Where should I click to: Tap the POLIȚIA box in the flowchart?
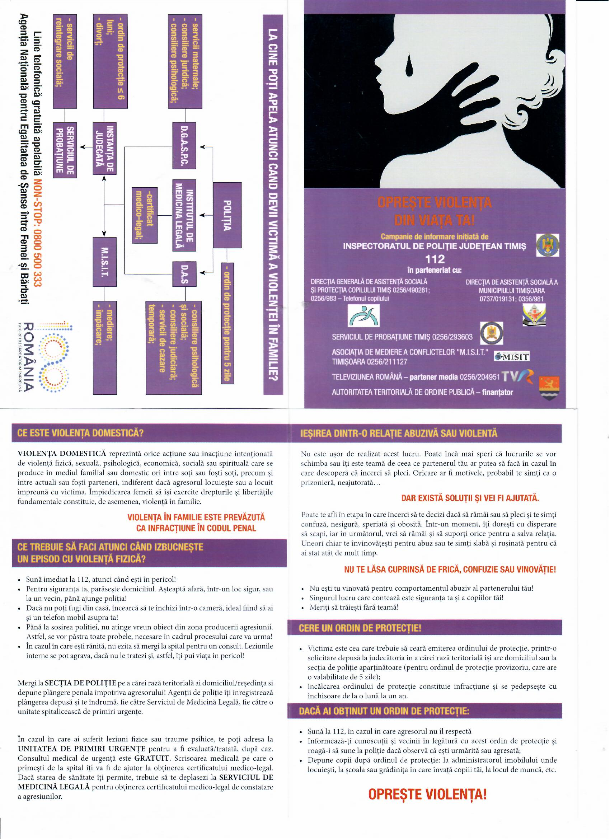[x=227, y=215]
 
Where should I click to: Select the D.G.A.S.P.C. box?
[x=184, y=147]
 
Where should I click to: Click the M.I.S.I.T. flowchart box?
[x=104, y=262]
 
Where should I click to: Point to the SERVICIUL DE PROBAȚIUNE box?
[x=65, y=150]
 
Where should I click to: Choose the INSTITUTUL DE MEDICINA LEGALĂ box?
[x=184, y=215]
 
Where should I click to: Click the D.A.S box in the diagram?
[x=184, y=274]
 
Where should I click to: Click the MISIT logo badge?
[x=512, y=357]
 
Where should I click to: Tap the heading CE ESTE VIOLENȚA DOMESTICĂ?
[x=80, y=433]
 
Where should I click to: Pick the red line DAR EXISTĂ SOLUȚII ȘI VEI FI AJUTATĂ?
[x=470, y=498]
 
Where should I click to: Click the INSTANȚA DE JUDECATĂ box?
[x=104, y=149]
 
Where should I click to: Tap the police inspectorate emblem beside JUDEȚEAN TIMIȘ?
[x=548, y=245]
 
